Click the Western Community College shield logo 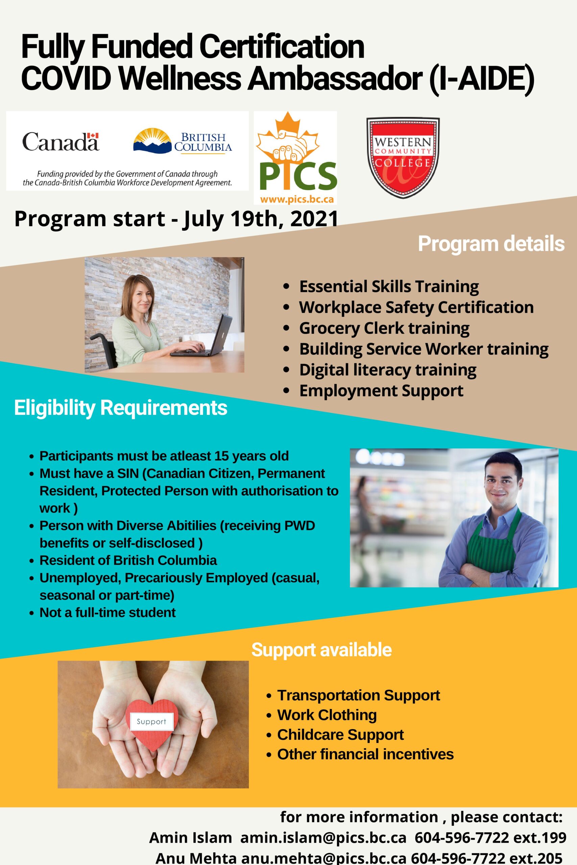[x=403, y=158]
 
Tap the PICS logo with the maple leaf [x=295, y=158]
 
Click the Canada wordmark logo [x=61, y=142]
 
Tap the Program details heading [x=491, y=244]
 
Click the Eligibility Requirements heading [x=121, y=408]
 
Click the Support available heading [x=321, y=650]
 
